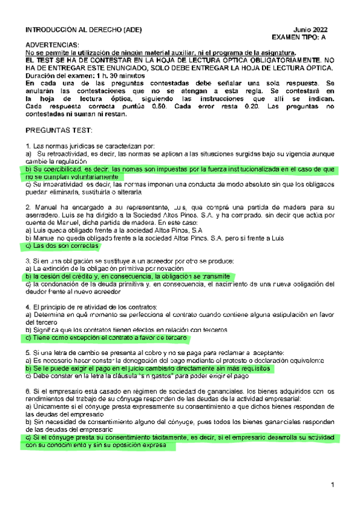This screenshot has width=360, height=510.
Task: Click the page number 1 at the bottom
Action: tap(331, 485)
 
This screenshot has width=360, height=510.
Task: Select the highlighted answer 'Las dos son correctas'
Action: tap(66, 246)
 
